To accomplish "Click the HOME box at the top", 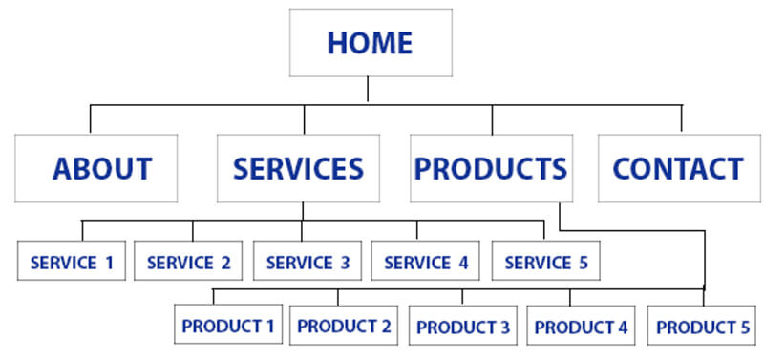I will [x=371, y=43].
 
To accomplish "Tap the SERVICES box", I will [x=298, y=168].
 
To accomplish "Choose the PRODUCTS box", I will [x=491, y=168].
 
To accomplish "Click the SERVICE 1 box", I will [x=73, y=261].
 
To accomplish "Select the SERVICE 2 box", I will [x=188, y=261].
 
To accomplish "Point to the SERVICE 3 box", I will [x=308, y=261].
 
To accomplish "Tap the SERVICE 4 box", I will [x=425, y=261].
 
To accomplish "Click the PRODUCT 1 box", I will [x=227, y=326].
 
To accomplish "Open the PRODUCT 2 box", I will [x=344, y=326].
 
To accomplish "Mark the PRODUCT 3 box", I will [x=463, y=326].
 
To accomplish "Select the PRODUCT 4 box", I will [x=581, y=326].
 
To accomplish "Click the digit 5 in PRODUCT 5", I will [x=745, y=327].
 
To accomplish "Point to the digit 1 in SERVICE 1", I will [x=110, y=262].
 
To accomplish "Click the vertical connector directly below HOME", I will [x=369, y=91].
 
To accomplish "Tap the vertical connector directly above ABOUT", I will [x=91, y=118].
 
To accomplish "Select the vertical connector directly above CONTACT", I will [x=682, y=118].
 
